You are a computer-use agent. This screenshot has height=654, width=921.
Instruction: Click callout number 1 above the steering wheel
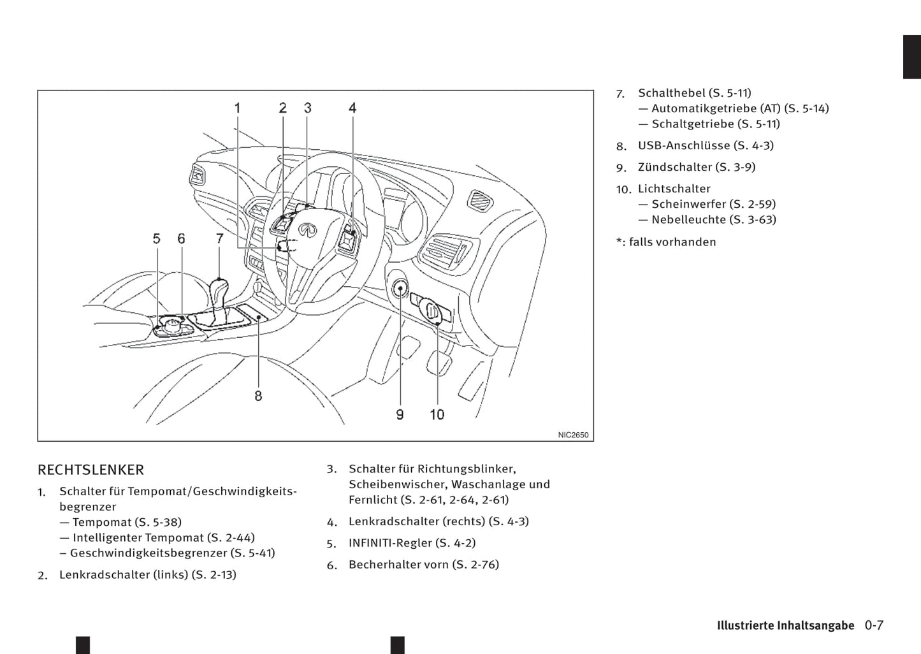[238, 108]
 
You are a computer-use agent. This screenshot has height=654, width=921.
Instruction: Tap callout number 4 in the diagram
[352, 108]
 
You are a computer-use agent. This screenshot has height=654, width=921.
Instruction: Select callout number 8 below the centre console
[258, 396]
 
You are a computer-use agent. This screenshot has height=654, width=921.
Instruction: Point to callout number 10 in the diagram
[437, 415]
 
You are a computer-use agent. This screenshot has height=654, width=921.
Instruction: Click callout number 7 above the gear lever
[220, 239]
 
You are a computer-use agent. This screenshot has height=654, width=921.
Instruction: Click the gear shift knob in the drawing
[219, 289]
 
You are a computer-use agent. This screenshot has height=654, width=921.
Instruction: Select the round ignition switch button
[400, 289]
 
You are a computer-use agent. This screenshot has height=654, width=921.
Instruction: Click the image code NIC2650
[573, 435]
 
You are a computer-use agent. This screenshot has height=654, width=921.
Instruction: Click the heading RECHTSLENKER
[91, 470]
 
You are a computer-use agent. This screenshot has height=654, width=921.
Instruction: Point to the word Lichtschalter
[674, 189]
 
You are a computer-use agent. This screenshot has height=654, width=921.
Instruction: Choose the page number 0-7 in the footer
[874, 625]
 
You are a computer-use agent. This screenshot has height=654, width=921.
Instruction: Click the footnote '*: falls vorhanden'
[666, 242]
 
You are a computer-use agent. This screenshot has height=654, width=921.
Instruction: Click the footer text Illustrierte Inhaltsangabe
[785, 626]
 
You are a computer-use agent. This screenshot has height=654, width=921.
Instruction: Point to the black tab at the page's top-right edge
[912, 57]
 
